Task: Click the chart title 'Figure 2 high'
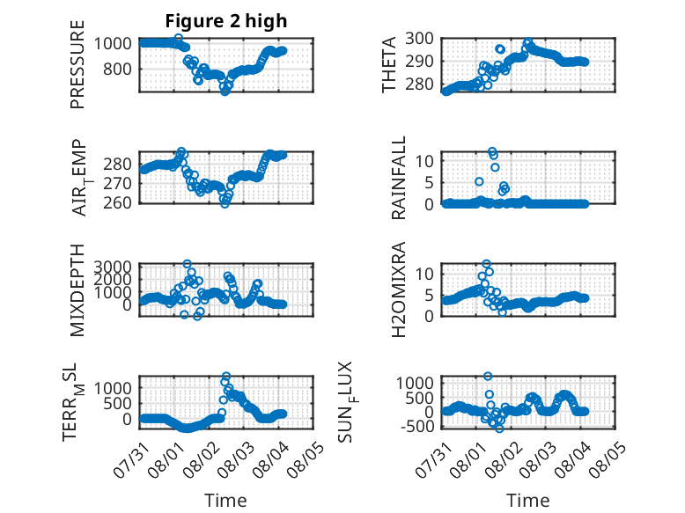226,21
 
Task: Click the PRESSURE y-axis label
77,64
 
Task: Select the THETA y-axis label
389,64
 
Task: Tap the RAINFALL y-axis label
399,178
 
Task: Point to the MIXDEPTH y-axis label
77,290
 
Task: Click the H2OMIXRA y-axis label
399,290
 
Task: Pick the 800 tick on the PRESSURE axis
117,69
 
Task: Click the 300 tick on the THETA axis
419,39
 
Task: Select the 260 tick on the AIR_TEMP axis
117,202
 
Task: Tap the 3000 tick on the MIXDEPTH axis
113,267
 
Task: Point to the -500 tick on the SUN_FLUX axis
417,426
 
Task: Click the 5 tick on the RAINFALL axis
430,182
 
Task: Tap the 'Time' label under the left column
226,501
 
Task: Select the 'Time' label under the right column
527,501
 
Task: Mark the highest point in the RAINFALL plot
492,151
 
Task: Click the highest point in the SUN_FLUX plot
488,376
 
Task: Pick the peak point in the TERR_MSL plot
226,376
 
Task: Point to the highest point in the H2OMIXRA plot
486,264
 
